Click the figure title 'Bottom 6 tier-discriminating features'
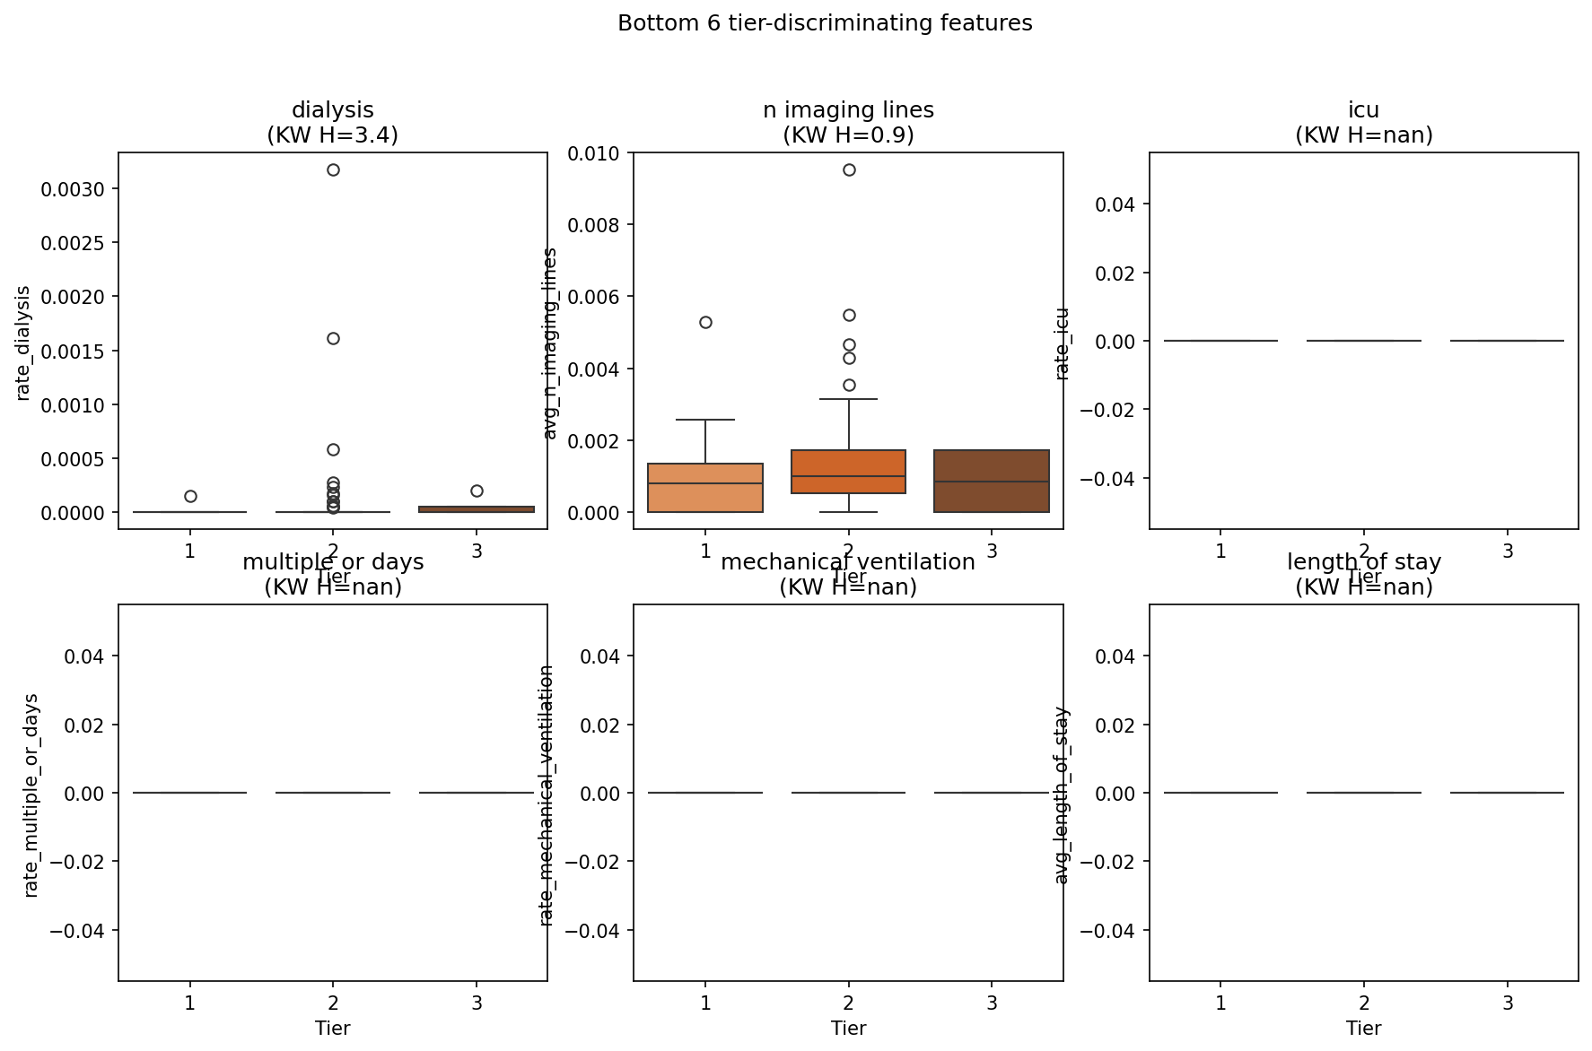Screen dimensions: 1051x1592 [825, 23]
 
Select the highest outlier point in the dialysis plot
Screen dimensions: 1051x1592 [333, 169]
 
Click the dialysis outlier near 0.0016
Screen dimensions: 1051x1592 [333, 338]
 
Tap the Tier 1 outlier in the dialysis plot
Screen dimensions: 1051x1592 [190, 496]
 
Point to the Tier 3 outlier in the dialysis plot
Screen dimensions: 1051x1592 [477, 491]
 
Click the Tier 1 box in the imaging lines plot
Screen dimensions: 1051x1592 [705, 488]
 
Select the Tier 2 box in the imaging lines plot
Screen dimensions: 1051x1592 [848, 472]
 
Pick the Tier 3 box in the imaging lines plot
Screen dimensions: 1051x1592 [992, 481]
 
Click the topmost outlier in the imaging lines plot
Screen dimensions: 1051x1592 [849, 169]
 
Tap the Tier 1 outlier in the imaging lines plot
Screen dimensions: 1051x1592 [705, 322]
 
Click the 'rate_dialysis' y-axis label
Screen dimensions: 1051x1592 [24, 343]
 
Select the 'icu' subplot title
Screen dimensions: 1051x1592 [1363, 110]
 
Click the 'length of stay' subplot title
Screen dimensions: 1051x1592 [1363, 562]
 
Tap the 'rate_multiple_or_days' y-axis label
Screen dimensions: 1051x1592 [31, 795]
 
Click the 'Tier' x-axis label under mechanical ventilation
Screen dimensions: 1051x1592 [848, 1028]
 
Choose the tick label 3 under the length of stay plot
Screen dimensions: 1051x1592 [1508, 1003]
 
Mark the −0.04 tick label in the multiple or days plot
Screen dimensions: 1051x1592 [79, 931]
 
